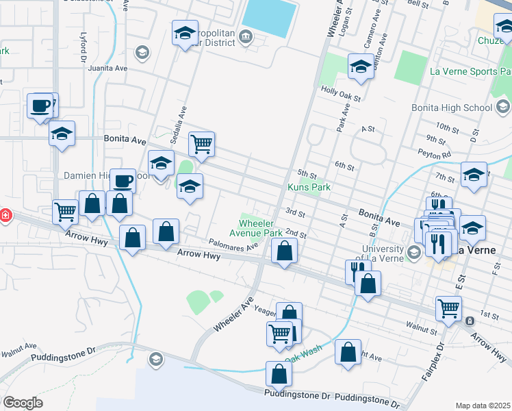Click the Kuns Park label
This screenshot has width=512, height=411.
pos(309,187)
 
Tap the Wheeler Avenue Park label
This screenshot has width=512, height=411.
pos(260,228)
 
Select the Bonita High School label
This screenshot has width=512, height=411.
pos(452,108)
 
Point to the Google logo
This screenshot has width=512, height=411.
pos(22,403)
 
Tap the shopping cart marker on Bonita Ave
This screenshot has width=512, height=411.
pos(201,145)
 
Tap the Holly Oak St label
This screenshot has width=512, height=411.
pos(341,89)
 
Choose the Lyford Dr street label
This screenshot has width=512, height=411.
pos(83,49)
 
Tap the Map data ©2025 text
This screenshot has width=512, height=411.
pos(483,406)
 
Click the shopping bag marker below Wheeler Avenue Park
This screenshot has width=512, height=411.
pos(283,251)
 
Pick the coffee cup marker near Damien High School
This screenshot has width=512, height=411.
pos(123,182)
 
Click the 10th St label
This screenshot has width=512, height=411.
pos(446,127)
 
